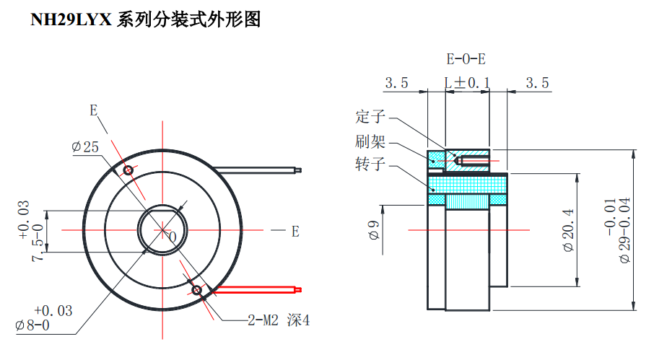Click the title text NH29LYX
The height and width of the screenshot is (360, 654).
(x=71, y=20)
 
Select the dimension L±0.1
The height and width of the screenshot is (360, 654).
(x=468, y=83)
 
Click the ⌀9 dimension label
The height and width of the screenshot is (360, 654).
(x=374, y=231)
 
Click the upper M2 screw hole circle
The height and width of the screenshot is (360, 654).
(x=128, y=171)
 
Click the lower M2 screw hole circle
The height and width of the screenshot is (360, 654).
(x=196, y=290)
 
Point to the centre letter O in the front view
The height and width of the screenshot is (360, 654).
(x=172, y=236)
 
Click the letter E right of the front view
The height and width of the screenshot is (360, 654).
(x=295, y=232)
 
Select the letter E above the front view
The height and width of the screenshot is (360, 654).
(x=93, y=110)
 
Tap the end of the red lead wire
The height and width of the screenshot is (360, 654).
(x=297, y=289)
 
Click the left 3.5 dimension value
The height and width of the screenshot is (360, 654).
(x=396, y=83)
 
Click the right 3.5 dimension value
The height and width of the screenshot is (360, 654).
(x=537, y=83)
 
